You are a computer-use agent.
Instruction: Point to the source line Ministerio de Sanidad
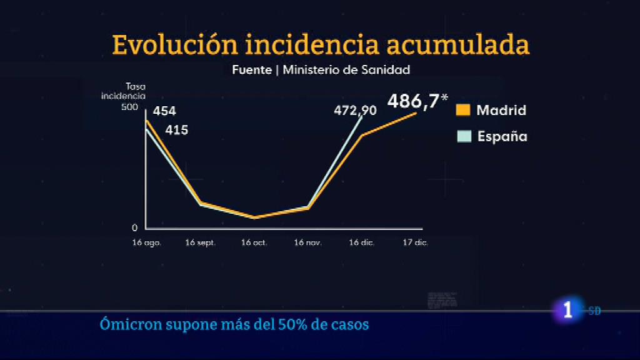pyautogui.click(x=346, y=69)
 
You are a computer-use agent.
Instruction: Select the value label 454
pyautogui.click(x=165, y=111)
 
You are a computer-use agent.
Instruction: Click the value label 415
pyautogui.click(x=177, y=131)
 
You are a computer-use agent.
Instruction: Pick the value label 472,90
pyautogui.click(x=355, y=111)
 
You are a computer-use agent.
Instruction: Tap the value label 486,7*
pyautogui.click(x=417, y=101)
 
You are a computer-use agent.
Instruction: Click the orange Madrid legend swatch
pyautogui.click(x=463, y=110)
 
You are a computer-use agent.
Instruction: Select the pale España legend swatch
pyautogui.click(x=463, y=136)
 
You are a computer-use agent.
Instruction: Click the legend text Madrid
pyautogui.click(x=501, y=111)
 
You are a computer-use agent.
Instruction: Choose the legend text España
pyautogui.click(x=502, y=136)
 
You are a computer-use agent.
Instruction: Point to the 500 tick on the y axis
pyautogui.click(x=129, y=107)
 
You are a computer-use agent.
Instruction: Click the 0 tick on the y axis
pyautogui.click(x=134, y=227)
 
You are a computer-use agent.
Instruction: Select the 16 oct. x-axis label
pyautogui.click(x=254, y=242)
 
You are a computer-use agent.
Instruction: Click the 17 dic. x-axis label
pyautogui.click(x=415, y=242)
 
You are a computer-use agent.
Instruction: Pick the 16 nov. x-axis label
pyautogui.click(x=308, y=242)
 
